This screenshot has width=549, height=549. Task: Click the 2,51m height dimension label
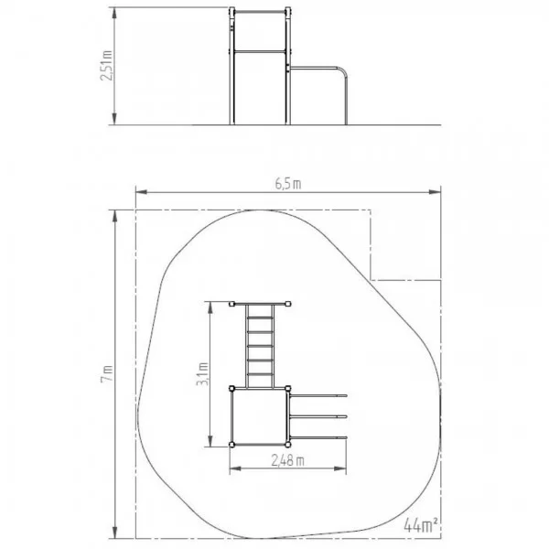(x=106, y=66)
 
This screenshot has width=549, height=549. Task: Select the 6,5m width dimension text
(x=288, y=184)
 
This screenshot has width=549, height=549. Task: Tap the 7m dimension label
(x=107, y=373)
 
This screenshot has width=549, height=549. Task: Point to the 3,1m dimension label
(x=202, y=374)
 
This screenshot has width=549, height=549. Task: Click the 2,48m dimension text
(x=288, y=461)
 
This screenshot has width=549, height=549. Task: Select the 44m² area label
(x=421, y=524)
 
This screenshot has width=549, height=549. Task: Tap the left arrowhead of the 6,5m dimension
(x=142, y=192)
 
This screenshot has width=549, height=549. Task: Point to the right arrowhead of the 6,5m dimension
(x=435, y=192)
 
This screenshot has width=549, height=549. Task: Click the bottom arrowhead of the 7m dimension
(x=114, y=532)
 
